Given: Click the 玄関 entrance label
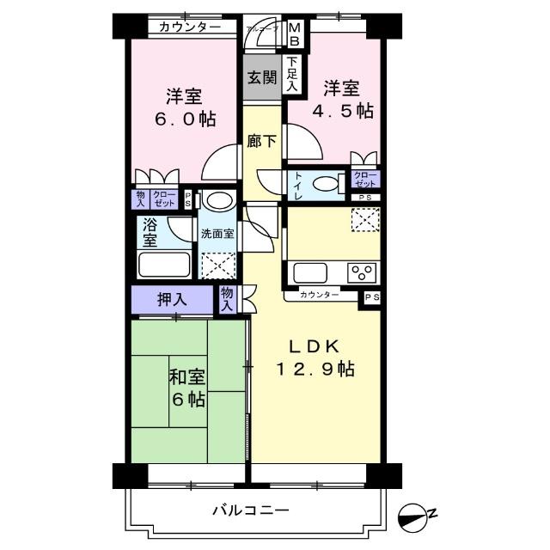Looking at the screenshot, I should click(x=261, y=78).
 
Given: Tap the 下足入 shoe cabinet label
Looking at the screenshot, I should click(x=293, y=74).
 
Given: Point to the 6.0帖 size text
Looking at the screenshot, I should click(x=186, y=118).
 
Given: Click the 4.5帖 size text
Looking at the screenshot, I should click(x=347, y=111).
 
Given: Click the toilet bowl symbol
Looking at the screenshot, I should click(x=326, y=184).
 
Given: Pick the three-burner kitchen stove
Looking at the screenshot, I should click(x=361, y=273).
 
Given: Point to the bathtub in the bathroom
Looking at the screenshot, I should click(x=167, y=262).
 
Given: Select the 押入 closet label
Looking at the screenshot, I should click(x=172, y=301).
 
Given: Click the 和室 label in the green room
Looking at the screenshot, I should click(x=186, y=376).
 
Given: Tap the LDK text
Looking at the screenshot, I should click(x=315, y=346).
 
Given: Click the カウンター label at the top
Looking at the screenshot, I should click(x=190, y=27).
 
